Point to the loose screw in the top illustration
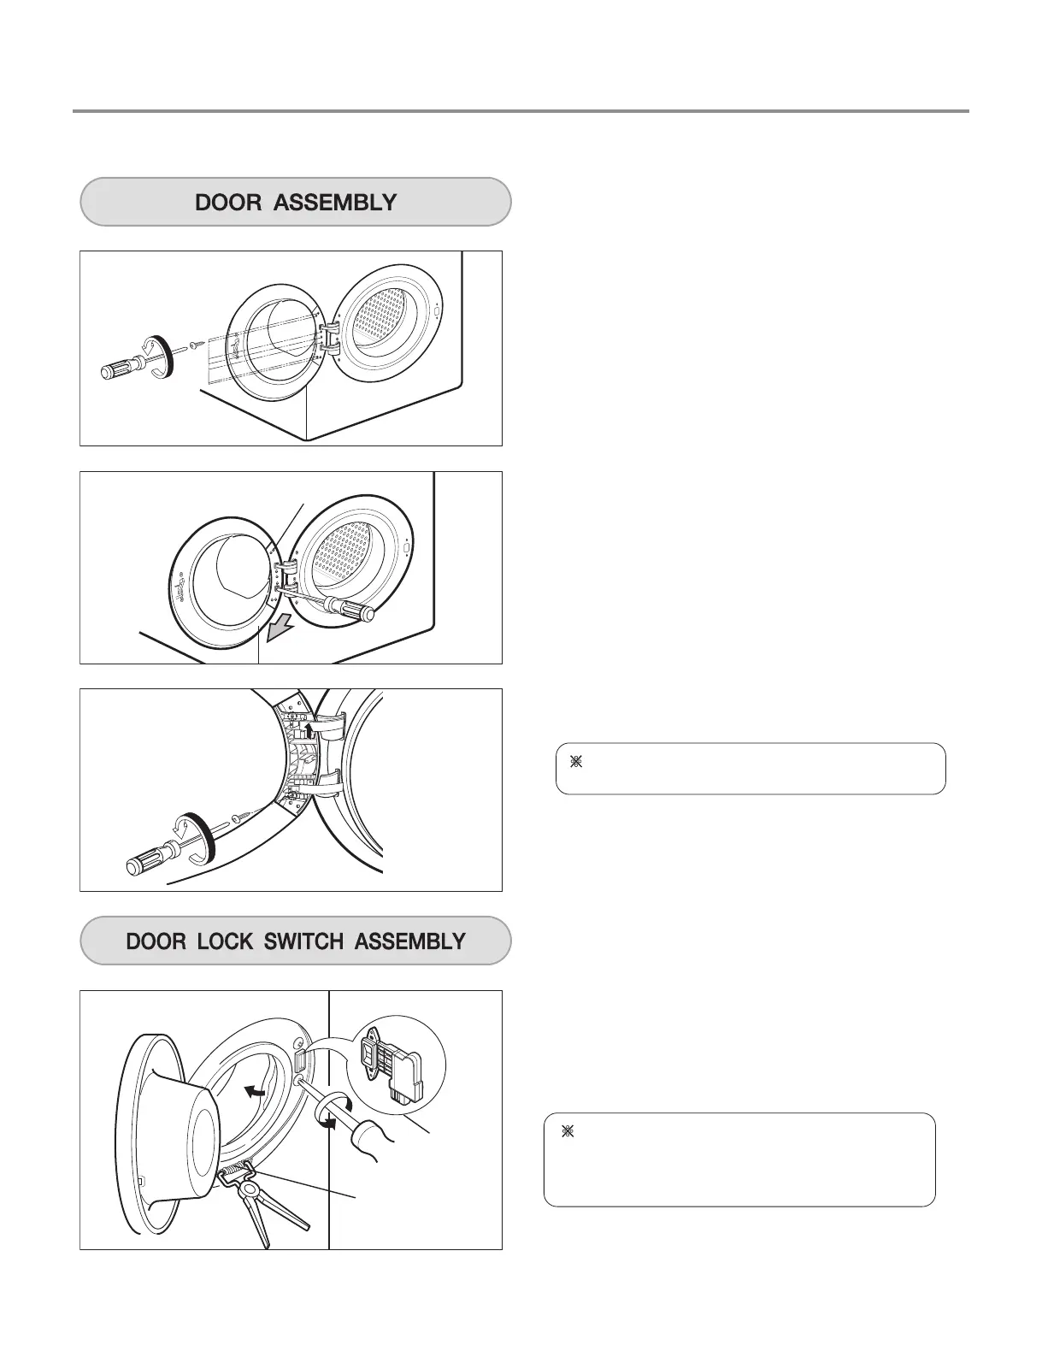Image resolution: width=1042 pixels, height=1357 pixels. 196,346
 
